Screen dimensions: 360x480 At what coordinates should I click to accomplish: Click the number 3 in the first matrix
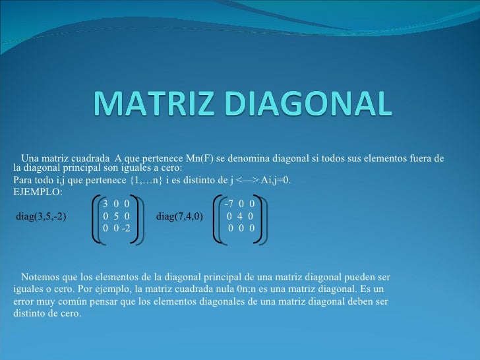pyautogui.click(x=106, y=204)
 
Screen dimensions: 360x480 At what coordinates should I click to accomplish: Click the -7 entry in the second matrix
pyautogui.click(x=229, y=204)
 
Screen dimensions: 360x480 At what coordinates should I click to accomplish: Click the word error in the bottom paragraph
pyautogui.click(x=24, y=301)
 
